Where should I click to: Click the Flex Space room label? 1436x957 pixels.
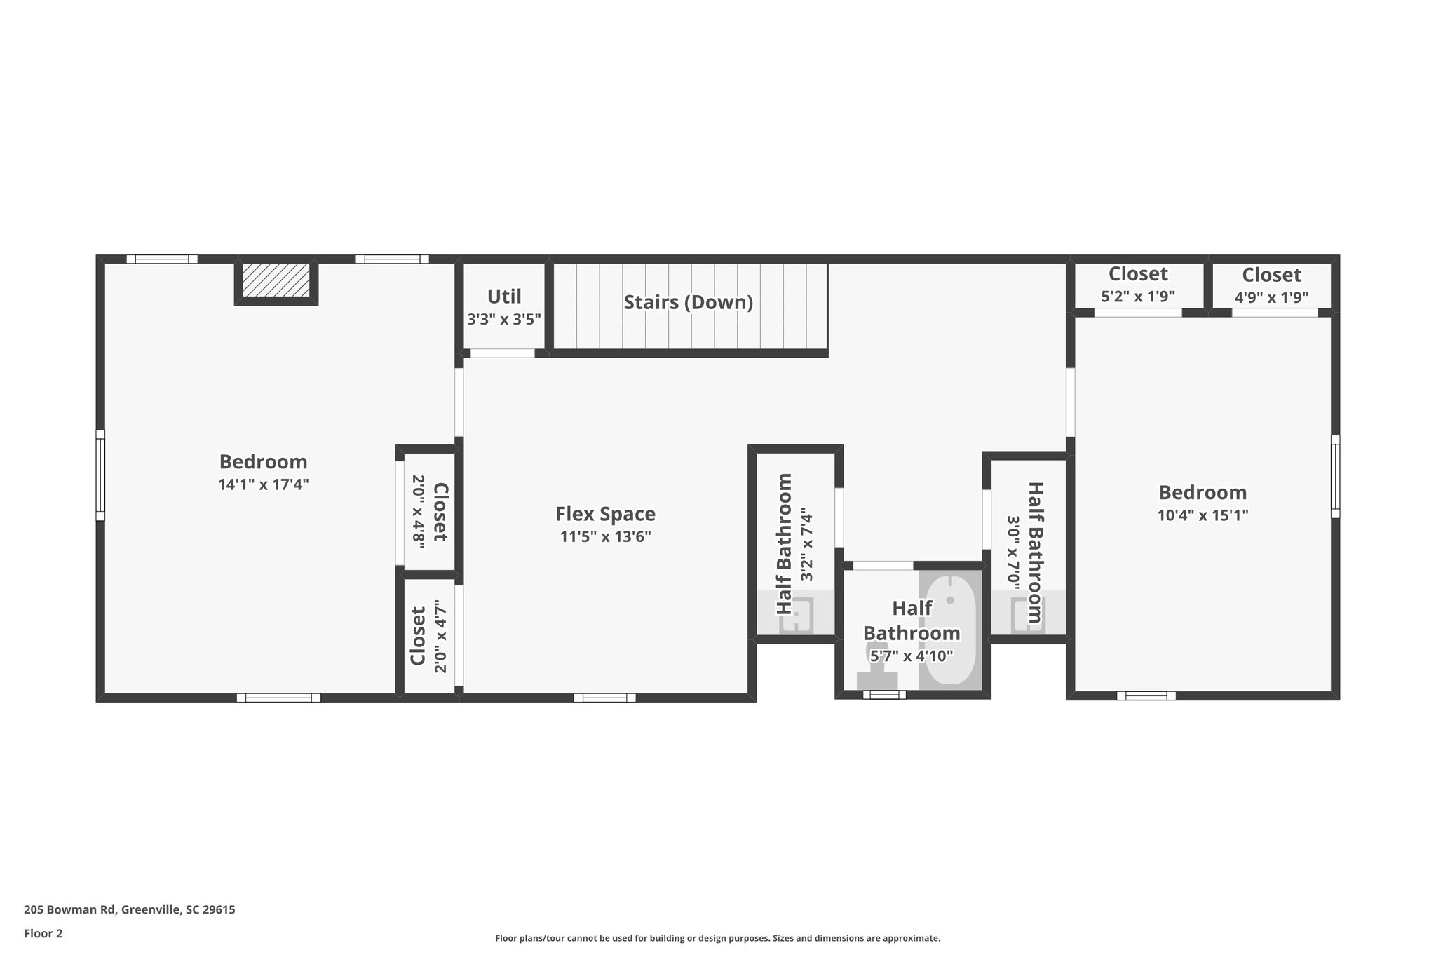605,514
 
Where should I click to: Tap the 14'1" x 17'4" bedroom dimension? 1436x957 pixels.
263,484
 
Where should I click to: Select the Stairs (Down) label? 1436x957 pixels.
688,302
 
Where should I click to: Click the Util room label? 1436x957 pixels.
504,296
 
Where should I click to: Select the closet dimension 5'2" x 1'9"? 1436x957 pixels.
1137,297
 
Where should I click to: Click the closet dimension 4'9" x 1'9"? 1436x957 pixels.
1271,297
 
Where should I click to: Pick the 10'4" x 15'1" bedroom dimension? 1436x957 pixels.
1203,515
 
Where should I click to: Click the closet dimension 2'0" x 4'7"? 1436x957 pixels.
440,636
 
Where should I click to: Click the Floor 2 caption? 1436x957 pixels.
43,933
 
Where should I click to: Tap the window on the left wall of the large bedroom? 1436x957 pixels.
100,475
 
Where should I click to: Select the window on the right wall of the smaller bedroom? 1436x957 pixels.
1335,477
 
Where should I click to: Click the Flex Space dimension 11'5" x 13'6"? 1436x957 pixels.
605,537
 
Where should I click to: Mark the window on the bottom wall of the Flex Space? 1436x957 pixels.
604,698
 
